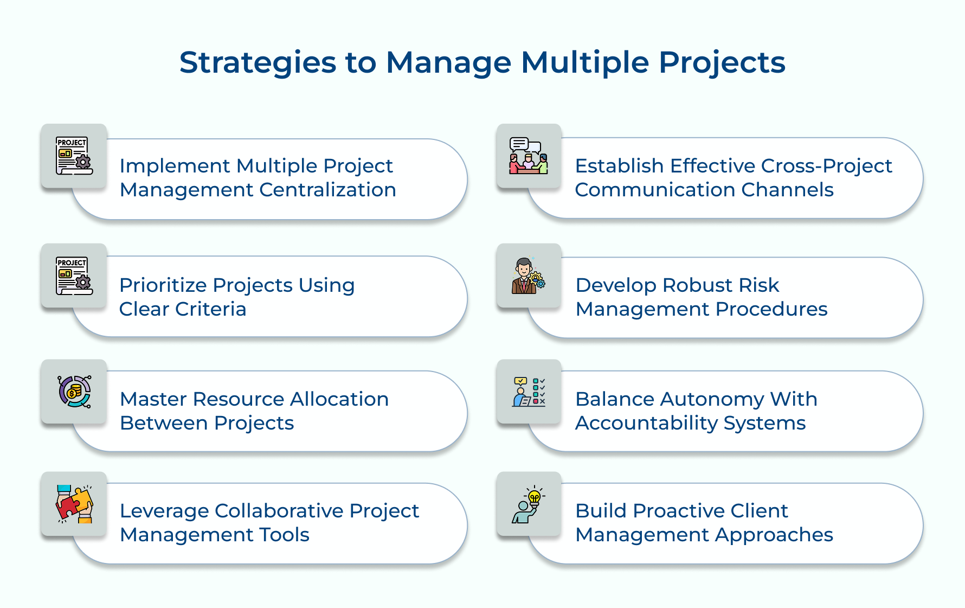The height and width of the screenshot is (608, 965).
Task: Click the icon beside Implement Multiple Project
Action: pos(74,156)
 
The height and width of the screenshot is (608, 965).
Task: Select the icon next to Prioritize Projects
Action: pos(74,276)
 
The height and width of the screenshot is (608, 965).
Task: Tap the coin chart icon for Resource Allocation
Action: pos(74,392)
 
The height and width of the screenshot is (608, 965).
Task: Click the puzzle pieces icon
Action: pos(74,504)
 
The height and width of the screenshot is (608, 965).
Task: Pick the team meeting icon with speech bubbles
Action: pos(529,156)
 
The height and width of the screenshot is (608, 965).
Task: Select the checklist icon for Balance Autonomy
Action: pos(529,392)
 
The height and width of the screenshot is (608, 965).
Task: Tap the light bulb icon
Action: pos(529,504)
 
